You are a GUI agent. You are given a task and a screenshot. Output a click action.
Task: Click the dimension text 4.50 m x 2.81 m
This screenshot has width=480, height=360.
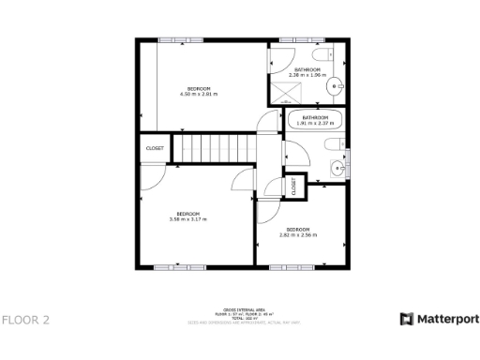point(198,94)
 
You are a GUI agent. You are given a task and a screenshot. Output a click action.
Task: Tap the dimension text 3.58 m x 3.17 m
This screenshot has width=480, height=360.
point(187,219)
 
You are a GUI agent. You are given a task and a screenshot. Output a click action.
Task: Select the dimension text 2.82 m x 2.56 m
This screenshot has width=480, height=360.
point(298,234)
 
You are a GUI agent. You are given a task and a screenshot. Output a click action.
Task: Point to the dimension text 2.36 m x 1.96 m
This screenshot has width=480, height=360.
point(309,76)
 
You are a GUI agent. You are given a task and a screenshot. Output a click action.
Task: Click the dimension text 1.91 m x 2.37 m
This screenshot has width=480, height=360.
point(314,123)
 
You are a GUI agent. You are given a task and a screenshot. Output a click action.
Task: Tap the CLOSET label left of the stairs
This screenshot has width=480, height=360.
point(155,148)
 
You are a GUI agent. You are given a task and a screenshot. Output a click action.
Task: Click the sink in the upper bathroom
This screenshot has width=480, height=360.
point(335,88)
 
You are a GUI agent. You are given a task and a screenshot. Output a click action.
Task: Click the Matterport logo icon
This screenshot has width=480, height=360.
point(406,319)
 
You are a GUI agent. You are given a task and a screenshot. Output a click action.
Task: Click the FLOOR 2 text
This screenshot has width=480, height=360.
point(26,320)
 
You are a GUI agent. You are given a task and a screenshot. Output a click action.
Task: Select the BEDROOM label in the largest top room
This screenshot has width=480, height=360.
point(198,88)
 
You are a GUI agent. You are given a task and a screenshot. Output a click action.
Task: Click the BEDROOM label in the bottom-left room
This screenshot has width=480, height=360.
point(187,214)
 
